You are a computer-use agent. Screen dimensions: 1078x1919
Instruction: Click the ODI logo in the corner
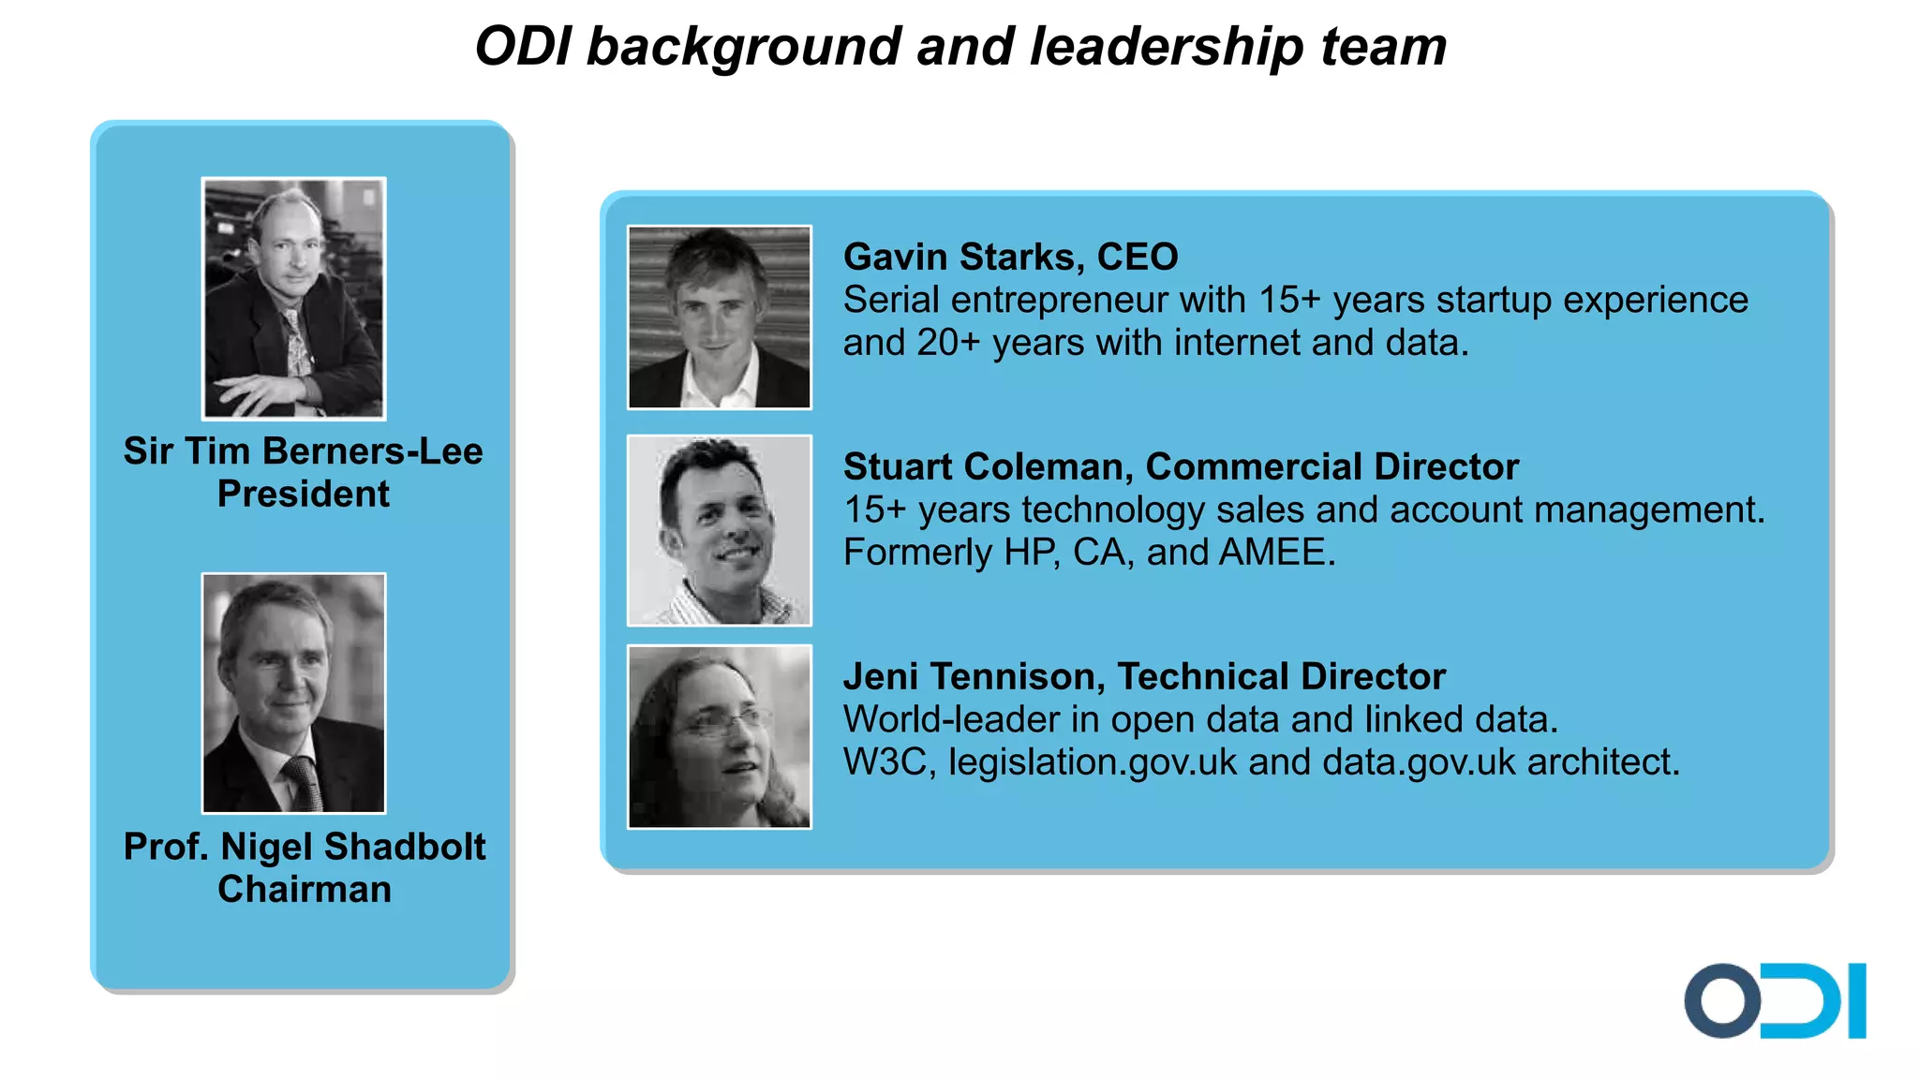[x=1775, y=1000]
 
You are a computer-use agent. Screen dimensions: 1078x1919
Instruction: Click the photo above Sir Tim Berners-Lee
[x=294, y=298]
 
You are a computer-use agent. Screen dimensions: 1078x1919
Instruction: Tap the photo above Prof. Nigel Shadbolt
[x=294, y=693]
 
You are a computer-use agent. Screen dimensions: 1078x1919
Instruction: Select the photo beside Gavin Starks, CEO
[x=719, y=317]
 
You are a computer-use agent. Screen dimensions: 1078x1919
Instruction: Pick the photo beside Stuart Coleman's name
[x=719, y=530]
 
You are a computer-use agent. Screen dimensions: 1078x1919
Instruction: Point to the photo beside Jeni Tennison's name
[x=719, y=736]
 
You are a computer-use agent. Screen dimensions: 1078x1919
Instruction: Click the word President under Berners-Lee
[x=304, y=494]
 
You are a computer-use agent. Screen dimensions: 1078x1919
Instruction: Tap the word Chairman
[x=305, y=889]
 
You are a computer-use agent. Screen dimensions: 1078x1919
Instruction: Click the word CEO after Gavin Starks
[x=1138, y=257]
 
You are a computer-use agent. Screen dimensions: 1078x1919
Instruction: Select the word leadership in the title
[x=1167, y=47]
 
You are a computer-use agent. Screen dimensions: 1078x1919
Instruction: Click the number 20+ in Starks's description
[x=948, y=343]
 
